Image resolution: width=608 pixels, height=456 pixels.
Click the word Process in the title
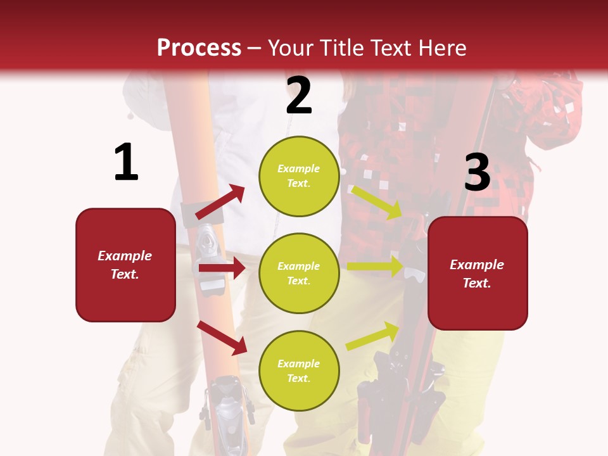coord(199,47)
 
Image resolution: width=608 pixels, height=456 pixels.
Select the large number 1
coord(126,162)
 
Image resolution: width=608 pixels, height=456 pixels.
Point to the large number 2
coord(299,96)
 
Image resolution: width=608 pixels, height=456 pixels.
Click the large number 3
coord(477,173)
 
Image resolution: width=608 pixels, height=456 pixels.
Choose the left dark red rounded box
coord(125,265)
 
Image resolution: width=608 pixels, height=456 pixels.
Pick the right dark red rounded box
coord(478,273)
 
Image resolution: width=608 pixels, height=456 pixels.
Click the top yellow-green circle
coord(299,176)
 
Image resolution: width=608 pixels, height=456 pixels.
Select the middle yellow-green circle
coord(299,273)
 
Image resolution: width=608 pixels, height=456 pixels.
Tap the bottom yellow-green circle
coord(299,370)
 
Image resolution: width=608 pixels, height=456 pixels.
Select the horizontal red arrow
coord(222,268)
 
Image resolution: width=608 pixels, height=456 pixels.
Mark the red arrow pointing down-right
coord(222,337)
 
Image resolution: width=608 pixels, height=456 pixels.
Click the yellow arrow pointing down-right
coord(377,202)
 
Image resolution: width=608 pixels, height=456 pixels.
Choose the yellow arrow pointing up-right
coord(373,336)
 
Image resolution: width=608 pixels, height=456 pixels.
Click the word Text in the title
coord(391,47)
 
